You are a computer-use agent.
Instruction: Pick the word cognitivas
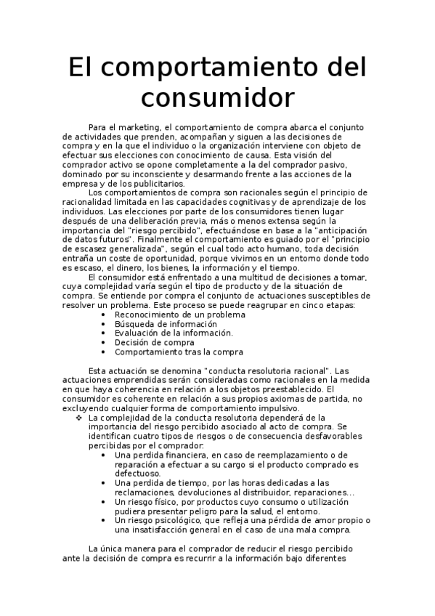pos(264,202)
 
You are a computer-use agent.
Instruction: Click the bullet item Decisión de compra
pos(144,342)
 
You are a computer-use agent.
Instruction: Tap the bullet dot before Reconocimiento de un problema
pos(106,315)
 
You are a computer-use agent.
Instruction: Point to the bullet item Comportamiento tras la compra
pos(179,352)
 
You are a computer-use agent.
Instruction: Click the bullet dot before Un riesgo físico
pos(106,501)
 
